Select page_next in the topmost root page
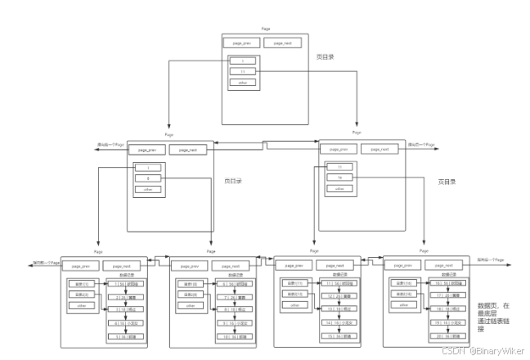coord(282,43)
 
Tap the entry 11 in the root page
coord(242,71)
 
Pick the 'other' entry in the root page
coord(242,82)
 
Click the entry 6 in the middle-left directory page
coord(148,178)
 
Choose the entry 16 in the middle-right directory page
coord(339,178)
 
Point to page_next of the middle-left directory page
coord(189,150)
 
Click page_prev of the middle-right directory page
coord(339,150)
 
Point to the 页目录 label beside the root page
coord(326,57)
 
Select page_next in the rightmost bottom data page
coord(441,266)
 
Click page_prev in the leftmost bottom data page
coord(81,266)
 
